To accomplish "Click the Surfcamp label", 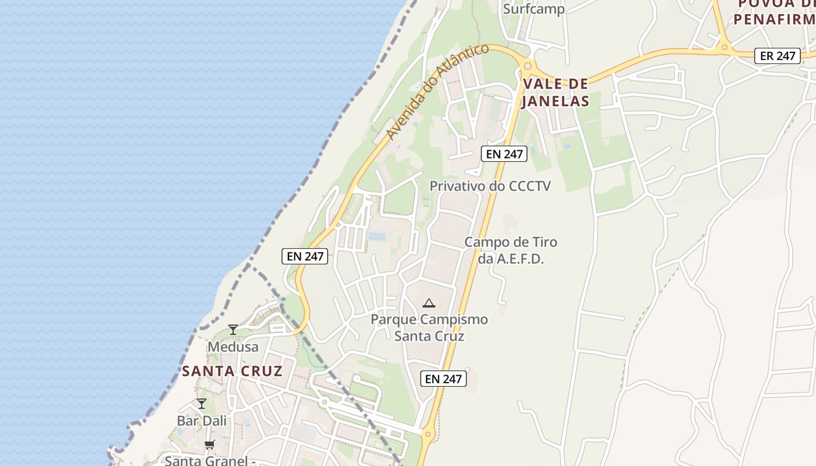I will coord(533,9).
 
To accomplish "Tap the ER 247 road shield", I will coord(778,56).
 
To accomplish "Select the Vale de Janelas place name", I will coord(555,92).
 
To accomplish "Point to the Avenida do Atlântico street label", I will coord(437,91).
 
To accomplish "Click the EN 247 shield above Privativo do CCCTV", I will coord(504,154).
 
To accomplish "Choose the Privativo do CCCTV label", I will coord(490,186).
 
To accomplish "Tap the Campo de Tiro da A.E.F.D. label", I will coord(511,250).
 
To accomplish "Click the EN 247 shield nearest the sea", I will coord(305,256).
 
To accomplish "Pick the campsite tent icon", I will coord(429,303).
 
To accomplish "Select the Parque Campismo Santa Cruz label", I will coord(429,327).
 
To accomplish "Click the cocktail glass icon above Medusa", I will coord(233,330).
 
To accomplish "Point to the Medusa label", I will coord(233,347).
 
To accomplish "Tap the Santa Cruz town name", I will coord(232,371).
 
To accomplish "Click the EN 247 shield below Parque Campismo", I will coord(443,379).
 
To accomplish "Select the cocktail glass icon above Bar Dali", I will coord(202,404).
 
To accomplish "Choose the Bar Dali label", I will coord(202,421).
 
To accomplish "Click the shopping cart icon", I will coord(209,445).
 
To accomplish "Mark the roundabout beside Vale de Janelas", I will coord(528,66).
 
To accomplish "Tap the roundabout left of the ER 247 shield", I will coord(724,46).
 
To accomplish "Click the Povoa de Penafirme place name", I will coord(774,12).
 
